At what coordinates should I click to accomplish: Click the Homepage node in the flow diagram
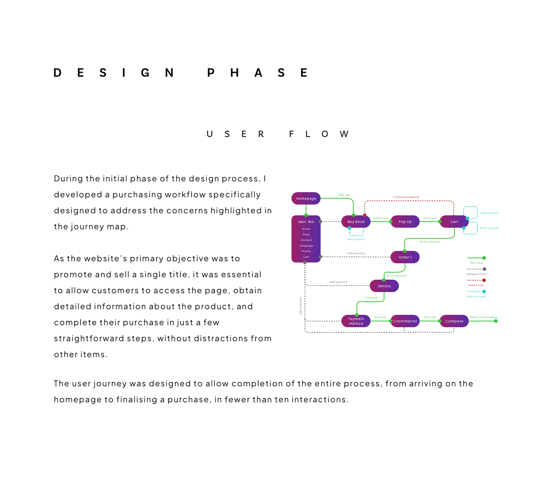pyautogui.click(x=306, y=199)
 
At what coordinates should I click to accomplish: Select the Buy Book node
pyautogui.click(x=356, y=222)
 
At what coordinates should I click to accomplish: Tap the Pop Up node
pyautogui.click(x=405, y=222)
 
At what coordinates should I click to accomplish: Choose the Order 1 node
pyautogui.click(x=405, y=257)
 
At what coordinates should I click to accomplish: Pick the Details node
pyautogui.click(x=384, y=286)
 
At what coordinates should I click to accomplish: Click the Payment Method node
pyautogui.click(x=356, y=321)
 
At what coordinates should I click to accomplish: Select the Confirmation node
pyautogui.click(x=405, y=321)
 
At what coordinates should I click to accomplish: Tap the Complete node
pyautogui.click(x=454, y=321)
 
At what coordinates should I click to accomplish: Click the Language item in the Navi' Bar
pyautogui.click(x=306, y=246)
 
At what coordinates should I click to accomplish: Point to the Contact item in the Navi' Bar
pyautogui.click(x=306, y=240)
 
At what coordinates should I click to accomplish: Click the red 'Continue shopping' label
pyautogui.click(x=406, y=197)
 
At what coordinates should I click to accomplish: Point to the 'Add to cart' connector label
pyautogui.click(x=381, y=218)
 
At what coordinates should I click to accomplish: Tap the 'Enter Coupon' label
pyautogui.click(x=490, y=228)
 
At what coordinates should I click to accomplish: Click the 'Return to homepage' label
pyautogui.click(x=484, y=317)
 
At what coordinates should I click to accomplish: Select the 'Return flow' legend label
pyautogui.click(x=476, y=285)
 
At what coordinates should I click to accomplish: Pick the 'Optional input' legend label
pyautogui.click(x=476, y=296)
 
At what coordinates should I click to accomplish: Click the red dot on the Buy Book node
pyautogui.click(x=365, y=215)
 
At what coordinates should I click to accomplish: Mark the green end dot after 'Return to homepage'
pyautogui.click(x=496, y=321)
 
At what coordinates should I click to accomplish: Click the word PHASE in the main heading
pyautogui.click(x=257, y=73)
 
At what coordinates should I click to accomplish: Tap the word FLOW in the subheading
pyautogui.click(x=319, y=134)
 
